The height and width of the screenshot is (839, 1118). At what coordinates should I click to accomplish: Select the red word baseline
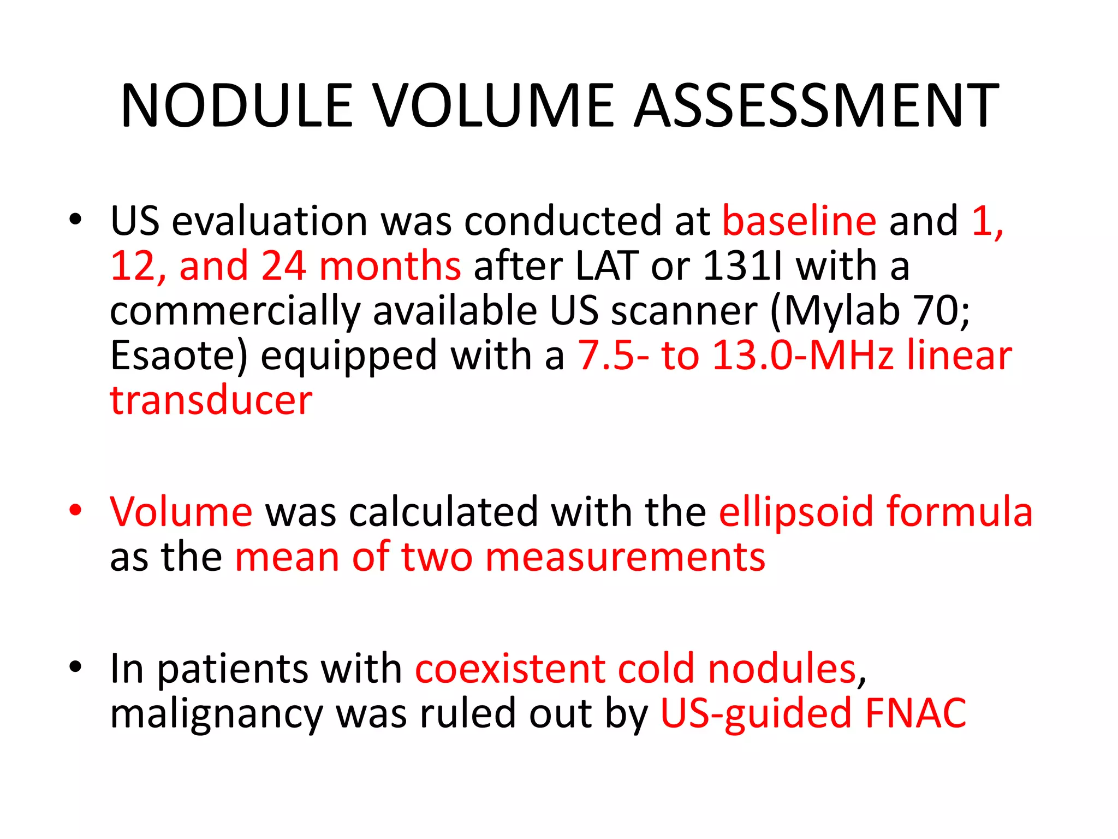coord(799,221)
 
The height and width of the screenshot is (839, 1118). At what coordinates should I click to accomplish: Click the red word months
coord(390,266)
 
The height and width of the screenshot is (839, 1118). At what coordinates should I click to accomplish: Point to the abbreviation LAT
coord(606,266)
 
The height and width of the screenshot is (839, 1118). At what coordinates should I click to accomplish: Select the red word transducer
coord(211,400)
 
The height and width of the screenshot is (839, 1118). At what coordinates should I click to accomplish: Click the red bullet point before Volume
coord(75,511)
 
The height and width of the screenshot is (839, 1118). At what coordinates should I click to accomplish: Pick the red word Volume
coord(181,512)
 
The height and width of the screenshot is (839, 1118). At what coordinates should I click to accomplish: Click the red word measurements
coord(625,557)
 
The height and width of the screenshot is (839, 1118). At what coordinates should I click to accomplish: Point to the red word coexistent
coord(510,669)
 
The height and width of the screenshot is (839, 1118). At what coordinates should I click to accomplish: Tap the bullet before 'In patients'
coord(75,667)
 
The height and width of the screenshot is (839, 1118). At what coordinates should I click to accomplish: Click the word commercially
coord(235,311)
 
